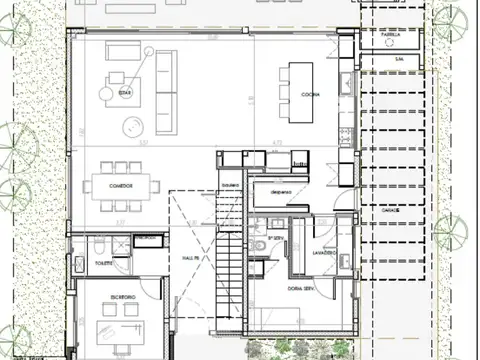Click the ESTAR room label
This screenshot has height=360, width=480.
point(125,92)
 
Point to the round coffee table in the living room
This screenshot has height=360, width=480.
point(131,126)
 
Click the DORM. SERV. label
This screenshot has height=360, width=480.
point(301,288)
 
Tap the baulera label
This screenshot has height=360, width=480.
point(232,187)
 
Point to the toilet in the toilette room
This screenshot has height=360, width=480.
point(101,246)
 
